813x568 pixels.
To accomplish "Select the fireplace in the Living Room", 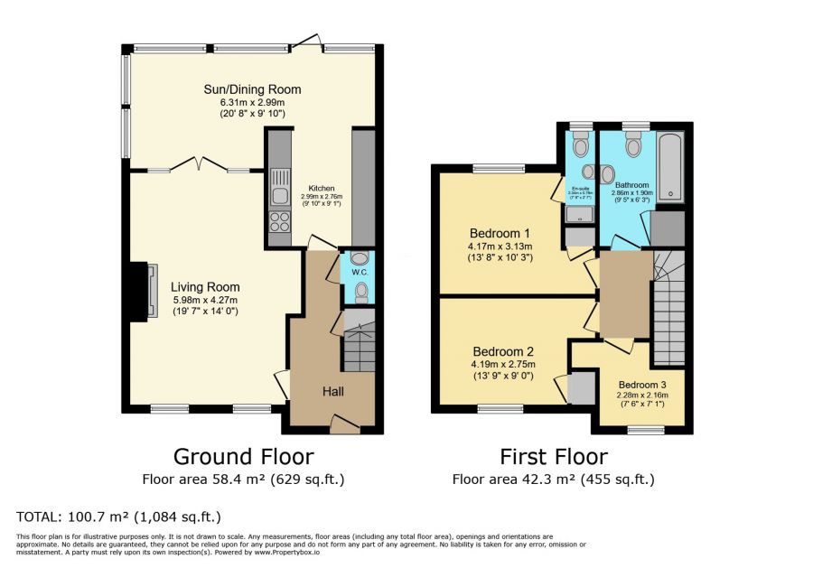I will tap(142, 292).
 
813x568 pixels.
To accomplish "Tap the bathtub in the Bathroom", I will tap(671, 168).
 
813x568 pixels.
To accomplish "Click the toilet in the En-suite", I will tap(580, 144).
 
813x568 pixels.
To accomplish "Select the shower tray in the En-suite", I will tap(578, 215).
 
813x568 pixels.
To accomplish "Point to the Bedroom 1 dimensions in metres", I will tap(500, 246).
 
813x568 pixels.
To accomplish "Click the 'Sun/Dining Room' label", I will tap(252, 89).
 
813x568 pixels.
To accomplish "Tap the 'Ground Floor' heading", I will tap(243, 456).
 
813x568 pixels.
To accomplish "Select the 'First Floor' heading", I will tap(554, 456).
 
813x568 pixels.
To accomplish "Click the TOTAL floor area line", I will tap(118, 517).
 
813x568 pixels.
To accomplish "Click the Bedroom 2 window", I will tap(500, 408).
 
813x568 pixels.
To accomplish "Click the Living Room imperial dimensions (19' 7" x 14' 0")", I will tap(206, 312).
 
